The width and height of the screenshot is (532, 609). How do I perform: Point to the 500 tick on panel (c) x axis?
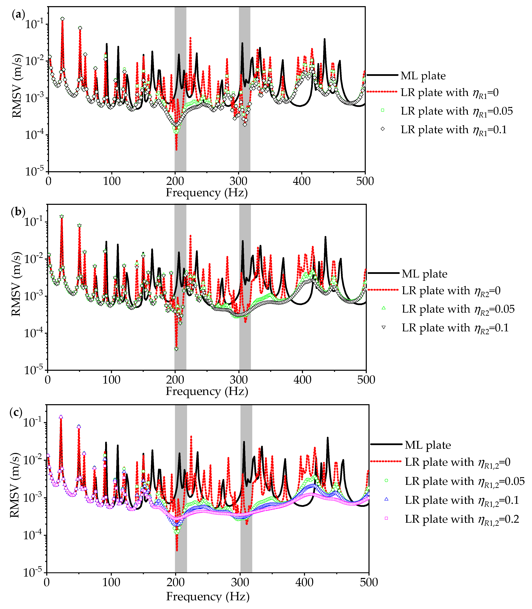point(369,582)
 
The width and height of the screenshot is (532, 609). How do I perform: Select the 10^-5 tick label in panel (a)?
point(34,171)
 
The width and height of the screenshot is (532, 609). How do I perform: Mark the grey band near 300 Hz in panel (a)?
point(244,89)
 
